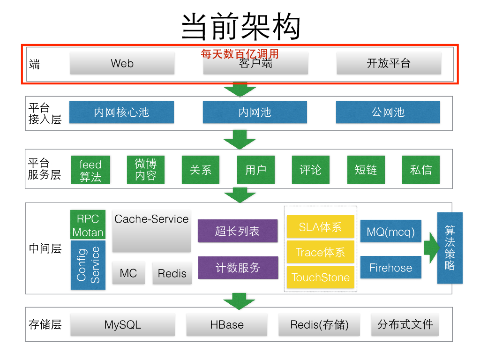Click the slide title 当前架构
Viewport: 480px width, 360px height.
pos(240,26)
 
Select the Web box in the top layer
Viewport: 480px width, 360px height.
pos(122,63)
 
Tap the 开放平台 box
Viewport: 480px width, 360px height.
pos(389,63)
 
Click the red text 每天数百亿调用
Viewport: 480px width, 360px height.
pos(240,54)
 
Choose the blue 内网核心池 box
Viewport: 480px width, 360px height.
pos(121,112)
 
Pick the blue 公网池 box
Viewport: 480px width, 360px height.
pos(388,112)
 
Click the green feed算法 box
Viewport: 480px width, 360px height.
pos(90,170)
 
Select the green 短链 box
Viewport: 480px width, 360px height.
pos(366,170)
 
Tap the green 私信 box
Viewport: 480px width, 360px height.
pos(421,170)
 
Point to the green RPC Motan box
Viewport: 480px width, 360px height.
pos(88,225)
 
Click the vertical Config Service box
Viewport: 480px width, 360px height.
pos(88,265)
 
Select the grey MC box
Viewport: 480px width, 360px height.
pos(128,273)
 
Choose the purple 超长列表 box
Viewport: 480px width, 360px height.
pos(237,231)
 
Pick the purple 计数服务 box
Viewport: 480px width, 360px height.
pos(238,268)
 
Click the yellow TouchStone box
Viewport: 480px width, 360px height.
pos(321,277)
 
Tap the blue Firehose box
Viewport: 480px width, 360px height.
pos(390,268)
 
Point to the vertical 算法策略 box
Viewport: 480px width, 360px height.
pos(450,247)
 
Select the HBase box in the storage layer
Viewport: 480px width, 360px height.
pos(227,325)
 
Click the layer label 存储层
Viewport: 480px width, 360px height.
pos(45,324)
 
